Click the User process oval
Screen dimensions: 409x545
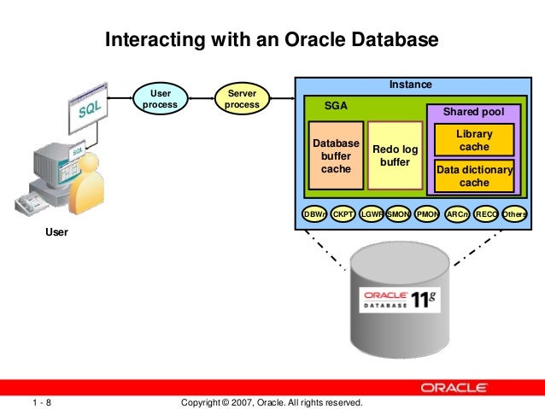(160, 99)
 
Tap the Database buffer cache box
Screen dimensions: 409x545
(336, 156)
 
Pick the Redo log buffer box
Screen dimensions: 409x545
(395, 156)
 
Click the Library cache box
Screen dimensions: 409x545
(474, 141)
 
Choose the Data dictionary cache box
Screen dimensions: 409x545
(474, 176)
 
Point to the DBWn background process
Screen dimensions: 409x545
(314, 214)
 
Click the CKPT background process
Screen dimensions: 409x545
(343, 214)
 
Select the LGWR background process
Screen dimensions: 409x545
(372, 214)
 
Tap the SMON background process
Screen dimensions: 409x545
(399, 214)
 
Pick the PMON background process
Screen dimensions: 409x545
(427, 214)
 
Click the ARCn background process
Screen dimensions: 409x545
(457, 214)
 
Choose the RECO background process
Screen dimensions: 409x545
(486, 214)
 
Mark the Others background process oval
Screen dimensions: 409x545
(514, 214)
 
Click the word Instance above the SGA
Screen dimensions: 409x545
(410, 85)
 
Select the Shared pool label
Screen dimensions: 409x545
(473, 112)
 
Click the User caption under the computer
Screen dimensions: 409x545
(56, 231)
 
